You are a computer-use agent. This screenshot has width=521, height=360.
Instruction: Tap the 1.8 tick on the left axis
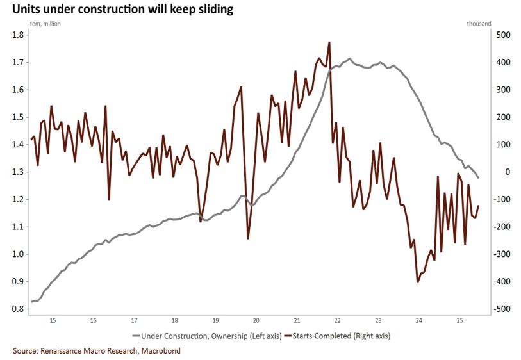[18, 35]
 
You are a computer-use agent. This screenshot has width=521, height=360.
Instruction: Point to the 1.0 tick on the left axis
[18, 254]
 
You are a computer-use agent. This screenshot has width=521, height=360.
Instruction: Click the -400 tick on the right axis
[502, 282]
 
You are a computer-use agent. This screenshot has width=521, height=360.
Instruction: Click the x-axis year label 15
[53, 320]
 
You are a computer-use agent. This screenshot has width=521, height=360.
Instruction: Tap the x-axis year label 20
[256, 320]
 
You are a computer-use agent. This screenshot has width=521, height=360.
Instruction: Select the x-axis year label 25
[459, 320]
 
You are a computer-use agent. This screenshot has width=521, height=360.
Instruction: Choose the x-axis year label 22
[337, 320]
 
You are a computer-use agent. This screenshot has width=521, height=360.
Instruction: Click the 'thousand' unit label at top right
[479, 24]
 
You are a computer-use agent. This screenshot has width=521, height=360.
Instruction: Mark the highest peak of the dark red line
[329, 42]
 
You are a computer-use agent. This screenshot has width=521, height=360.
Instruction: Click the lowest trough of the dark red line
[418, 282]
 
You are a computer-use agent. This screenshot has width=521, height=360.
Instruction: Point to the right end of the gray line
[478, 177]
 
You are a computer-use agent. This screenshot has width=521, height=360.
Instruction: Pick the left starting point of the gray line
[31, 302]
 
